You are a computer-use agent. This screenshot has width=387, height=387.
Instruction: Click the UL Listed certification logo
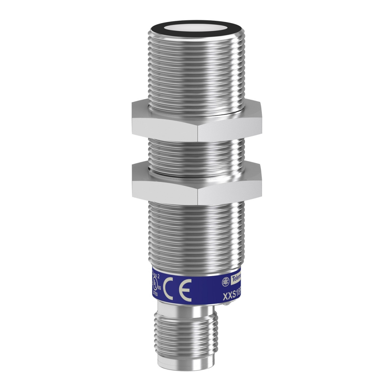(x=155, y=284)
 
